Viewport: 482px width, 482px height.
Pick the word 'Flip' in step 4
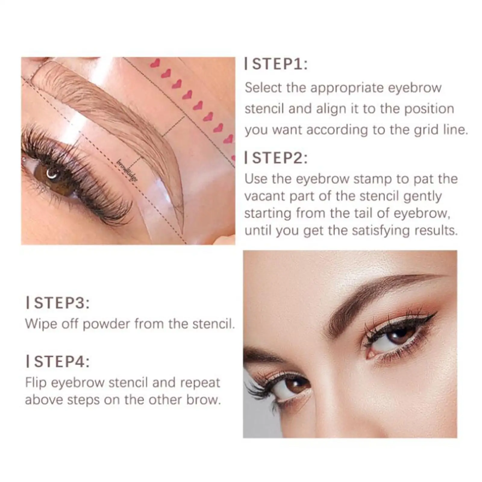(36, 383)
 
